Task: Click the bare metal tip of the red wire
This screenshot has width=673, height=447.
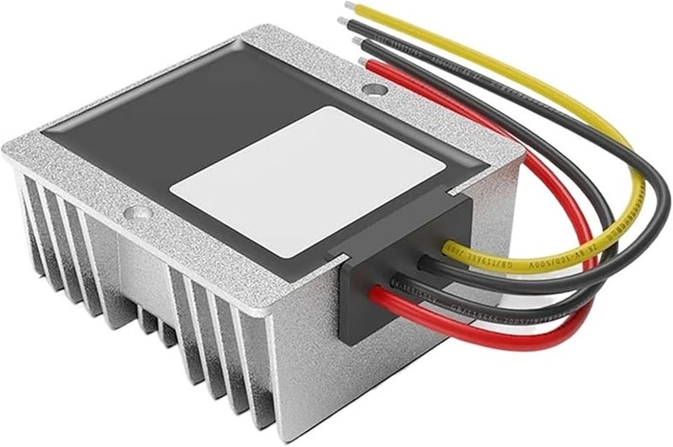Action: tap(364, 62)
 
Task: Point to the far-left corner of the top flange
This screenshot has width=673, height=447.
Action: tap(7, 151)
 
